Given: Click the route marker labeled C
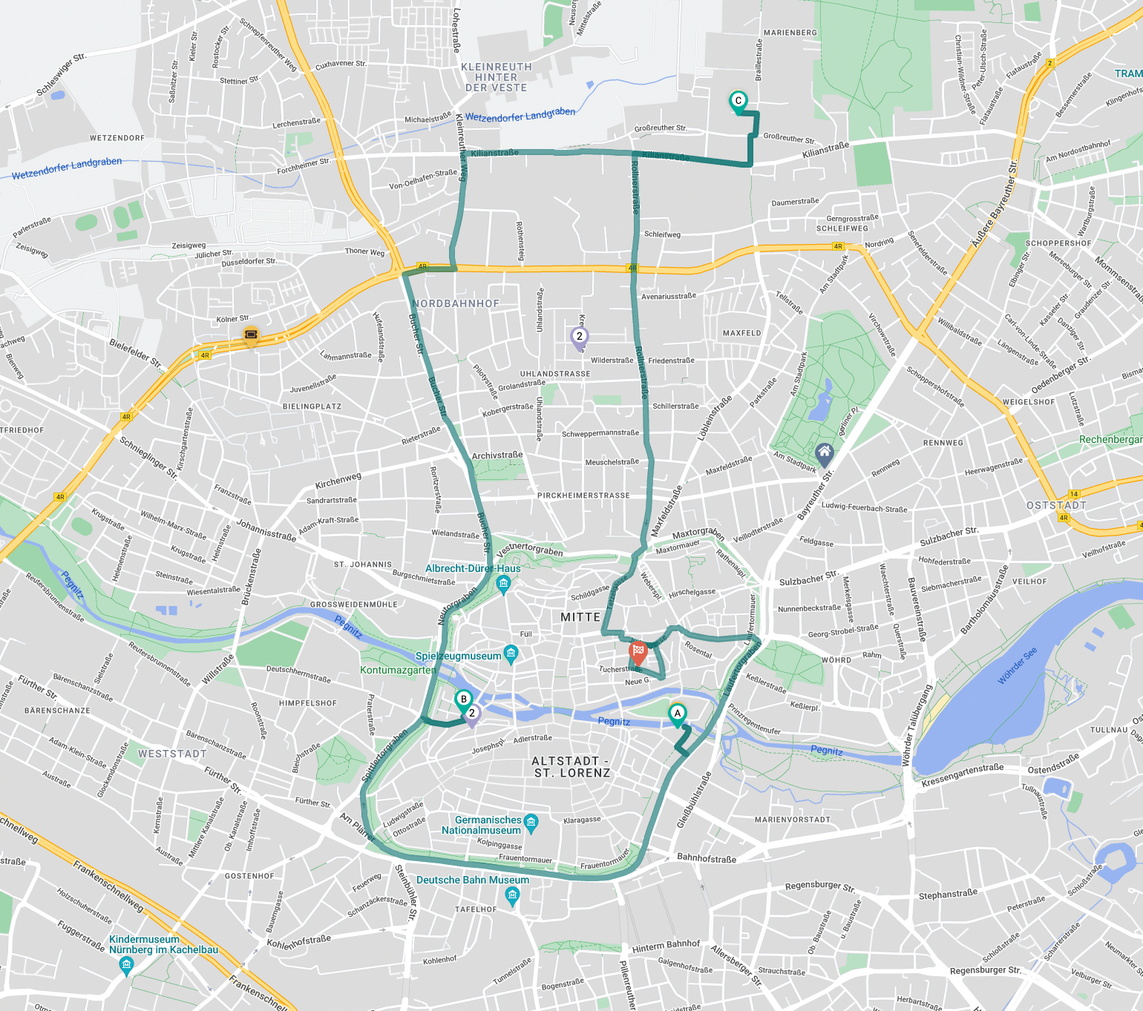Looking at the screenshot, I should pos(738,102).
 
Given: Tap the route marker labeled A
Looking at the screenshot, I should pos(677,714).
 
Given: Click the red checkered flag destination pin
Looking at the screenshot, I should pos(638,652).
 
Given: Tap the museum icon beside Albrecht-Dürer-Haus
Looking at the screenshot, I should pos(503,584).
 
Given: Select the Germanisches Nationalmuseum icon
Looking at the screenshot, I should pos(531,822).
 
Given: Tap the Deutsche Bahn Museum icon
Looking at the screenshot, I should pos(512,896).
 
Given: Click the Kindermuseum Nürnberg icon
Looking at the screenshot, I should pos(126,965).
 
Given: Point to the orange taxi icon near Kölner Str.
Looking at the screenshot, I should pos(251,336).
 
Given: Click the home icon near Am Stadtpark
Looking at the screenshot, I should pos(824,452).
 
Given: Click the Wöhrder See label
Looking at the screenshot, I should pos(1017,665).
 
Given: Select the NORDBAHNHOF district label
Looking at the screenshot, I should pos(456,303).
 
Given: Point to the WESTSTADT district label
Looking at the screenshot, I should pos(172,754).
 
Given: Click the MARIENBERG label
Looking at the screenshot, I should pos(790,33).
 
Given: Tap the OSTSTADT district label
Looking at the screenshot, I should pos(1056,505).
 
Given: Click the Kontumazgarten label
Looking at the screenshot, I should pos(398,670).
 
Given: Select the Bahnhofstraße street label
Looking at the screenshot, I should pos(706,858).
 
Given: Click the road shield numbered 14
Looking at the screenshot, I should pos(1073,494).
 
